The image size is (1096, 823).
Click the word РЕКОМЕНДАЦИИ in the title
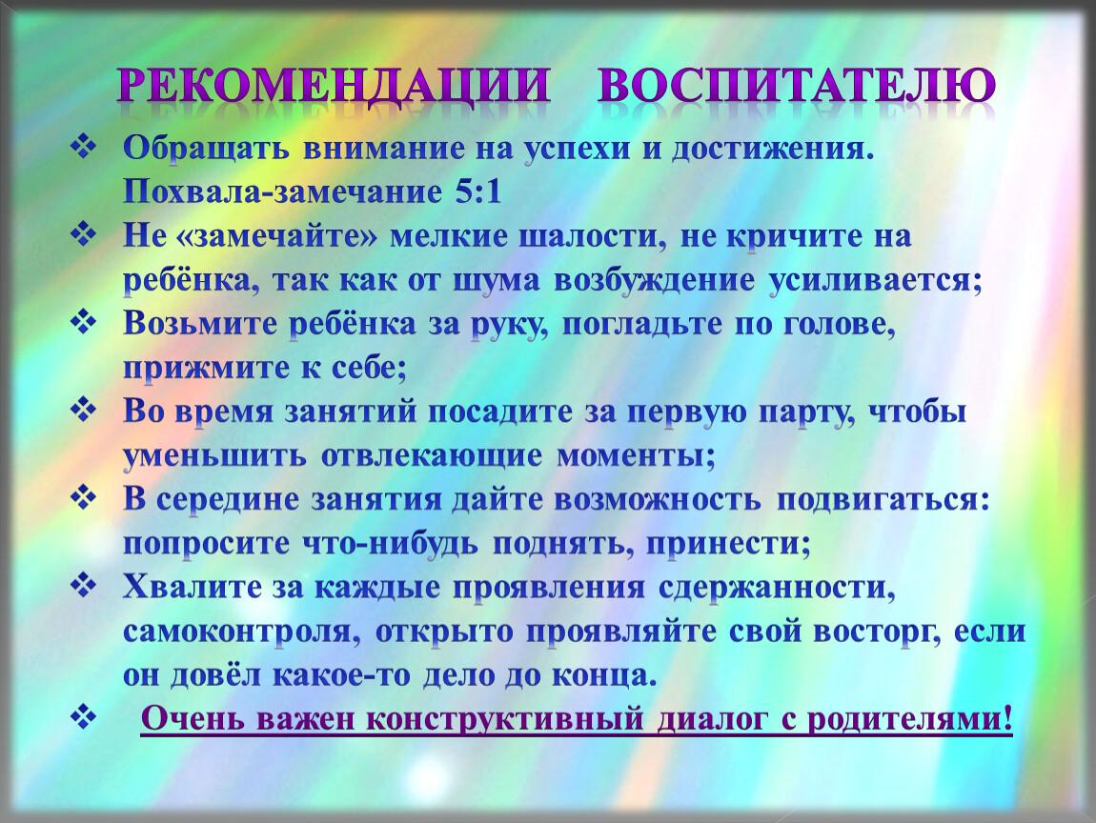334,86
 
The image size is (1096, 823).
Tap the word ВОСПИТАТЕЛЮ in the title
796,86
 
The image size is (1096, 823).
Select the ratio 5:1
478,192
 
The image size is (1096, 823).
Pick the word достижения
773,150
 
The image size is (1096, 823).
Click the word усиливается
875,280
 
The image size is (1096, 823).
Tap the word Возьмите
200,324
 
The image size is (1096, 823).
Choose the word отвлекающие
432,456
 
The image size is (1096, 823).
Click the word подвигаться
883,500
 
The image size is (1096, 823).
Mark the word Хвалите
192,588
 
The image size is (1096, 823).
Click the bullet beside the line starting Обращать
83,148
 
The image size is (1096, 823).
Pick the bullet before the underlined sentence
83,717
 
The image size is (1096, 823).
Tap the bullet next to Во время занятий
83,411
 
